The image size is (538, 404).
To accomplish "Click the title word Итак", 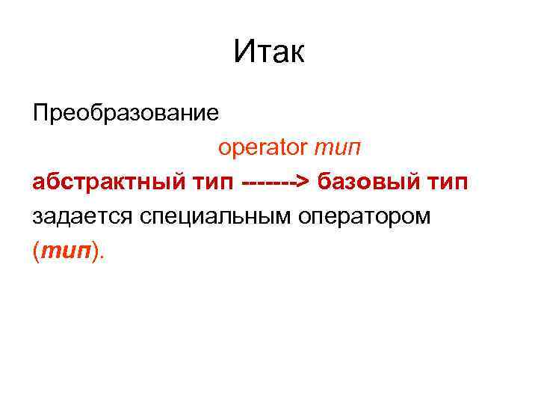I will pyautogui.click(x=269, y=52).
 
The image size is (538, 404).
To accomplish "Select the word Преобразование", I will pyautogui.click(x=126, y=113).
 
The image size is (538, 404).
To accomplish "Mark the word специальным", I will pyautogui.click(x=214, y=216).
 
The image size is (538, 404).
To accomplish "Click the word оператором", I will pyautogui.click(x=365, y=216).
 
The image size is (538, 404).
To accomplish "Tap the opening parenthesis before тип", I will pyautogui.click(x=36, y=251).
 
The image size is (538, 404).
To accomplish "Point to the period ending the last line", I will pyautogui.click(x=103, y=257).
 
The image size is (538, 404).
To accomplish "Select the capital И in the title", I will pyautogui.click(x=242, y=52).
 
